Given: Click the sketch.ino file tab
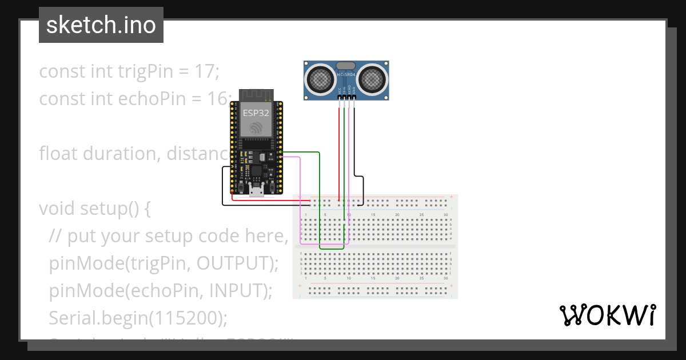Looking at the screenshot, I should [101, 25].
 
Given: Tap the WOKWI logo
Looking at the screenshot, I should [607, 315].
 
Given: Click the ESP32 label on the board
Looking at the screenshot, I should [256, 113].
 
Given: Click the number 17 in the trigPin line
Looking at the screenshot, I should [206, 72].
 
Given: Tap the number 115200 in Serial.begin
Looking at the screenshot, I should [184, 317].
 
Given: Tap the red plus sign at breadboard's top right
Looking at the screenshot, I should [452, 198].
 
